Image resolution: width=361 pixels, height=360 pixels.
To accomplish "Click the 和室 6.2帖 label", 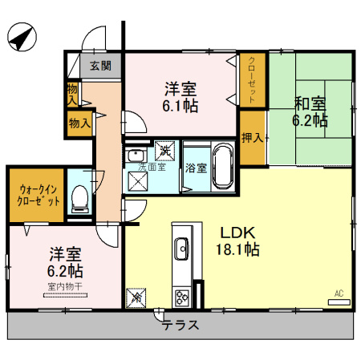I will [x=310, y=111].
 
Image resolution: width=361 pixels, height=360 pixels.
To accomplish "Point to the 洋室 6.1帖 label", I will [x=182, y=96].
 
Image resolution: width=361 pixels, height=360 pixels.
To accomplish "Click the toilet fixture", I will [x=79, y=198].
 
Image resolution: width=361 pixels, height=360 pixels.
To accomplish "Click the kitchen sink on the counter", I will [x=181, y=246].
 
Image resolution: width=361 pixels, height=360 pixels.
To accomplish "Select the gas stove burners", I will [x=182, y=296].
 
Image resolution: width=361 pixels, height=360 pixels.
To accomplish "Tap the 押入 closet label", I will [x=253, y=137].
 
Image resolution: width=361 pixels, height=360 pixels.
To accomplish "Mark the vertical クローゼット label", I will [x=253, y=79].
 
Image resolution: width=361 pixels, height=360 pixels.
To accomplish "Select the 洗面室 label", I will [x=151, y=167].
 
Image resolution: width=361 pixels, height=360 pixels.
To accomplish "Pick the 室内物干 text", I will [x=64, y=286].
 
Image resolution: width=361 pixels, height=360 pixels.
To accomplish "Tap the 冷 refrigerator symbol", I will [x=136, y=297].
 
